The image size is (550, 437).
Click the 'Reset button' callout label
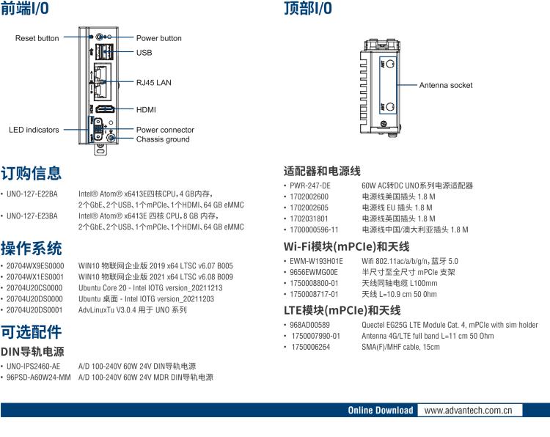[x=37, y=38]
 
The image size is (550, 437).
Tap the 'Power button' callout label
[x=159, y=38]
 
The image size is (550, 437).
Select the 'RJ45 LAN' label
[x=153, y=83]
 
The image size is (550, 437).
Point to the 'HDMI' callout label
[x=146, y=109]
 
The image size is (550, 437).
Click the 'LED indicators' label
[x=34, y=130]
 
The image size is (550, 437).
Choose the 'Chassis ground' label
[x=163, y=139]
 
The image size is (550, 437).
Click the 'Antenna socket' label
[x=446, y=85]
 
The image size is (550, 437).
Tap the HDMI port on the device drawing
[x=104, y=109]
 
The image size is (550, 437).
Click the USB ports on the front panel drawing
[x=104, y=51]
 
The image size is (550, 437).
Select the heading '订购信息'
[x=31, y=174]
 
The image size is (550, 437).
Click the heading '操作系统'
[x=31, y=248]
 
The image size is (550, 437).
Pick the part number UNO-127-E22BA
[x=32, y=194]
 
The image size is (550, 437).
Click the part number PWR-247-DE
[x=310, y=186]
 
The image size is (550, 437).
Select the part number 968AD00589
[x=309, y=325]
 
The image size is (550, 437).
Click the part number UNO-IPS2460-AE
[x=34, y=366]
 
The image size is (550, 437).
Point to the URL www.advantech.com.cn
[x=469, y=410]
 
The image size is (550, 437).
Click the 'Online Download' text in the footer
[x=380, y=410]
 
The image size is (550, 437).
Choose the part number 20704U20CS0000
[x=34, y=288]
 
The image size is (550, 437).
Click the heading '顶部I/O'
[x=307, y=9]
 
